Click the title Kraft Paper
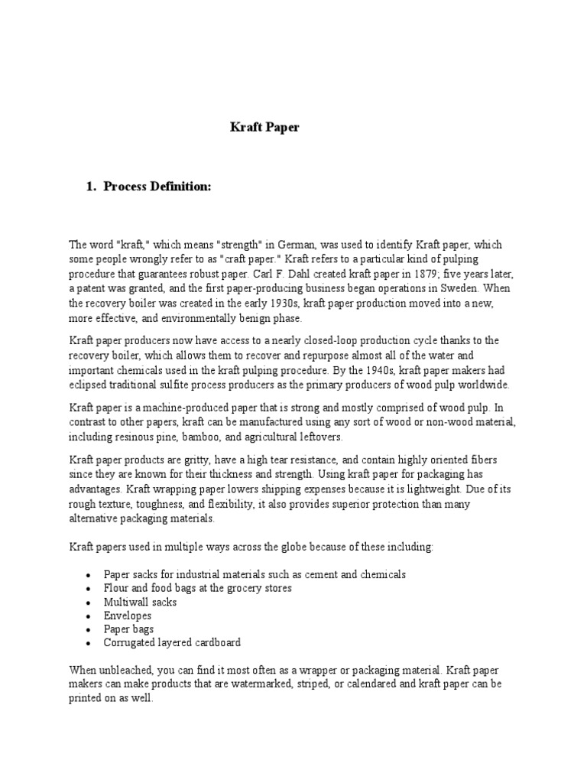(x=264, y=128)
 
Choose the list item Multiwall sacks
(x=140, y=602)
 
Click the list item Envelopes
(x=128, y=616)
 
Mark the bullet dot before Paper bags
(x=89, y=630)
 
